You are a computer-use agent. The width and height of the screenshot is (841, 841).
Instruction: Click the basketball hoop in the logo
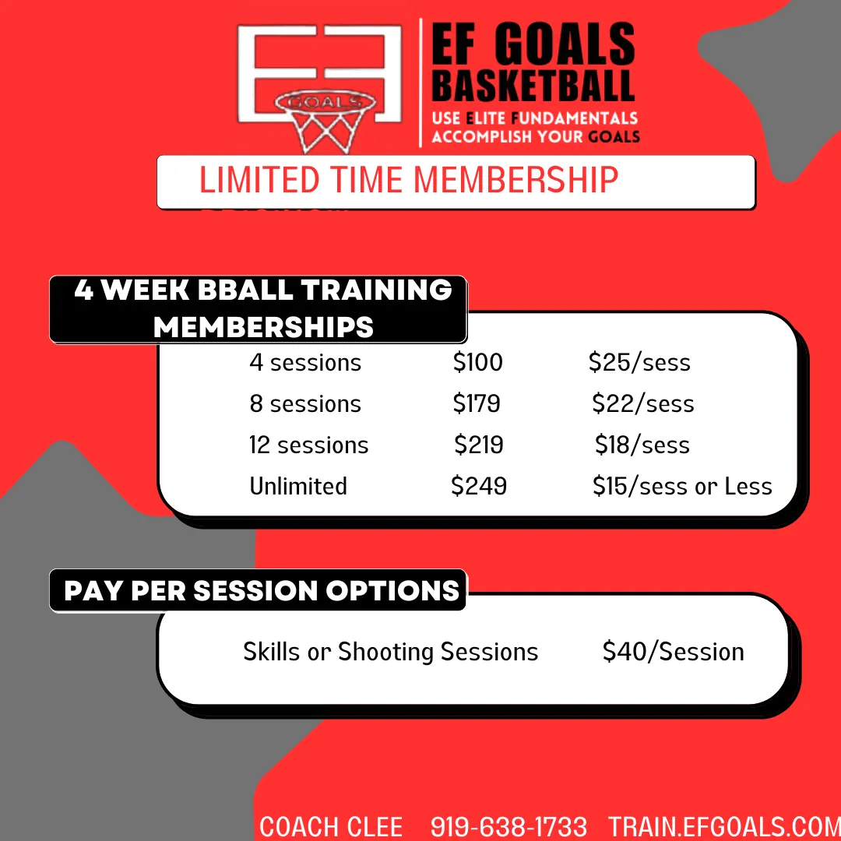325,121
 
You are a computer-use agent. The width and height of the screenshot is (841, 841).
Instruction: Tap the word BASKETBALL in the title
533,86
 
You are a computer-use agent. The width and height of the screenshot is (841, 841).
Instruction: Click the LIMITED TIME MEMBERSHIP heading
409,179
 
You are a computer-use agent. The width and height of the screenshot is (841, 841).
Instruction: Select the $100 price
477,362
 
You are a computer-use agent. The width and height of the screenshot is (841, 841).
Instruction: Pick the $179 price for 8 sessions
477,403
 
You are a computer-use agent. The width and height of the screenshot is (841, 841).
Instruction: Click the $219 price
478,445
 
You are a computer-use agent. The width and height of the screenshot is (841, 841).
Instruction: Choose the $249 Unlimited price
478,486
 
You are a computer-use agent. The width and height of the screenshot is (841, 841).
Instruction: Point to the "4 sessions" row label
305,363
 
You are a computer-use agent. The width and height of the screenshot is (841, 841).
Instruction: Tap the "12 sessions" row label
308,445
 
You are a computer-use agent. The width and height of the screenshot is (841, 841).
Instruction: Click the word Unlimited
298,486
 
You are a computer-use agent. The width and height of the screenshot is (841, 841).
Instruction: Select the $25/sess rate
639,363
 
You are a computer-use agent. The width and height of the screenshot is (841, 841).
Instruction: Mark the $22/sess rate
643,404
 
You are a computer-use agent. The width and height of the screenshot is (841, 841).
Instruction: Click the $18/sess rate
642,445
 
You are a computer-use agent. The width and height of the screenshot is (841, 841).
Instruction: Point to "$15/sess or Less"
682,487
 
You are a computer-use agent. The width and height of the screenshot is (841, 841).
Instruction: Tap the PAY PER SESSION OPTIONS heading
262,590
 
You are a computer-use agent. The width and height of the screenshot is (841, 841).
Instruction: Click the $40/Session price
673,652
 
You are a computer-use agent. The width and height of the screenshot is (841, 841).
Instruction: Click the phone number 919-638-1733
508,826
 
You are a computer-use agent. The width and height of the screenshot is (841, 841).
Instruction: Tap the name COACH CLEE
331,826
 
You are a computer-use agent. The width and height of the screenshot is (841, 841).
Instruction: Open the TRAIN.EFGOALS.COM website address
724,826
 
